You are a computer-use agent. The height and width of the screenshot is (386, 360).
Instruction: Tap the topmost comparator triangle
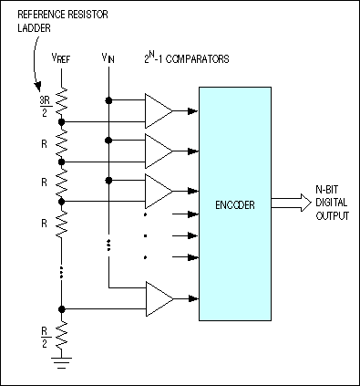pos(159,110)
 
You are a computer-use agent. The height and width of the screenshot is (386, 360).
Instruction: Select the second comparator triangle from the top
pos(159,150)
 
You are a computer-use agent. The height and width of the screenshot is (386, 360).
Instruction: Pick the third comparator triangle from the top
pos(159,191)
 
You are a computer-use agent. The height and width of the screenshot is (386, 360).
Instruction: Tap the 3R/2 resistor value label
pos(44,104)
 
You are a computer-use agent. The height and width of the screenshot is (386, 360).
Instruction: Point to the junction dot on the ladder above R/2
pos(62,308)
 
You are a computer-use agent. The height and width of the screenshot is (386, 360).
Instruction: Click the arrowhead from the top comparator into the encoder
pos(192,110)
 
